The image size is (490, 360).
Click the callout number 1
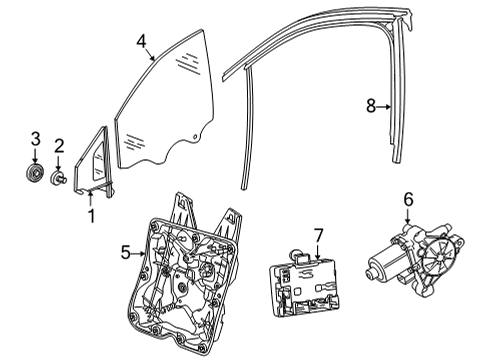pos(91,216)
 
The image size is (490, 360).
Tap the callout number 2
pos(59,146)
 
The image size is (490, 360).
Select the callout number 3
pos(36,139)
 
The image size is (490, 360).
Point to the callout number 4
pos(141,42)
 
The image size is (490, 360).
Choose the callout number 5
pos(126,252)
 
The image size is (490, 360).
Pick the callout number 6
pos(409,200)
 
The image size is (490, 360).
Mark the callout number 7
pos(319,236)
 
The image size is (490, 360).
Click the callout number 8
pos(371,106)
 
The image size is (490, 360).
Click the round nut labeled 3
pos(35,173)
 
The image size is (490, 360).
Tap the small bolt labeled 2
pos(58,177)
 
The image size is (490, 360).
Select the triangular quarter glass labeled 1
pos(93,163)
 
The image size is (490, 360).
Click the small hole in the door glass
pos(196,137)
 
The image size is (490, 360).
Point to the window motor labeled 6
pos(415,260)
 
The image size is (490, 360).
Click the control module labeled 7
pos(304,284)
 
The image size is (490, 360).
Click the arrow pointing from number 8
pos(384,107)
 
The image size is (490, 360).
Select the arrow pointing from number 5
pos(138,254)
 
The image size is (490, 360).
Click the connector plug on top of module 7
pos(298,255)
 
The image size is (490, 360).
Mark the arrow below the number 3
pos(35,155)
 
